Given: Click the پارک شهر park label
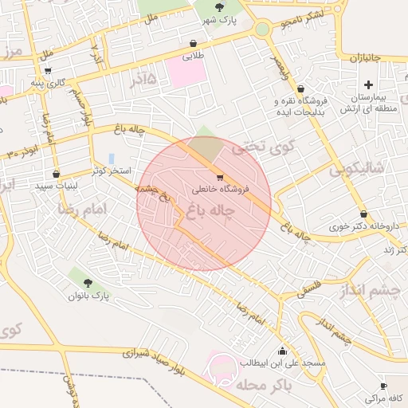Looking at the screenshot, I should [220, 19].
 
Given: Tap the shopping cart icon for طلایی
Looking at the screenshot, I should [194, 44].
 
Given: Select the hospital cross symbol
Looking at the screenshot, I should [367, 84].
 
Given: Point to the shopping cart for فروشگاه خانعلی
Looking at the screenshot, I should [220, 178].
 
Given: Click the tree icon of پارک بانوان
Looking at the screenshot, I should [88, 282].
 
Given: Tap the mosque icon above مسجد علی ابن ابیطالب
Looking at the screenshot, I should [282, 351].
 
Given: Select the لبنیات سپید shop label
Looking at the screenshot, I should [54, 185].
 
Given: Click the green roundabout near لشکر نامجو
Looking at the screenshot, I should [261, 29].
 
